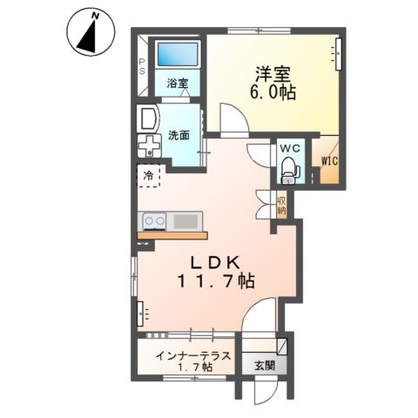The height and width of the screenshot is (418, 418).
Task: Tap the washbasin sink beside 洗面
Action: click(147, 117)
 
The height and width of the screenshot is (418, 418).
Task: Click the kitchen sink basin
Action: click(186, 221)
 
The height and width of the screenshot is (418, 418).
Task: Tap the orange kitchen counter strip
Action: click(172, 235)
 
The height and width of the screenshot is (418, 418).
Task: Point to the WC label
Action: click(288, 148)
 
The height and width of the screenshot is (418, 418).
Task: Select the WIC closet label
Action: click(329, 161)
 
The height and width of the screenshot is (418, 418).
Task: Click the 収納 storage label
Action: click(282, 206)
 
